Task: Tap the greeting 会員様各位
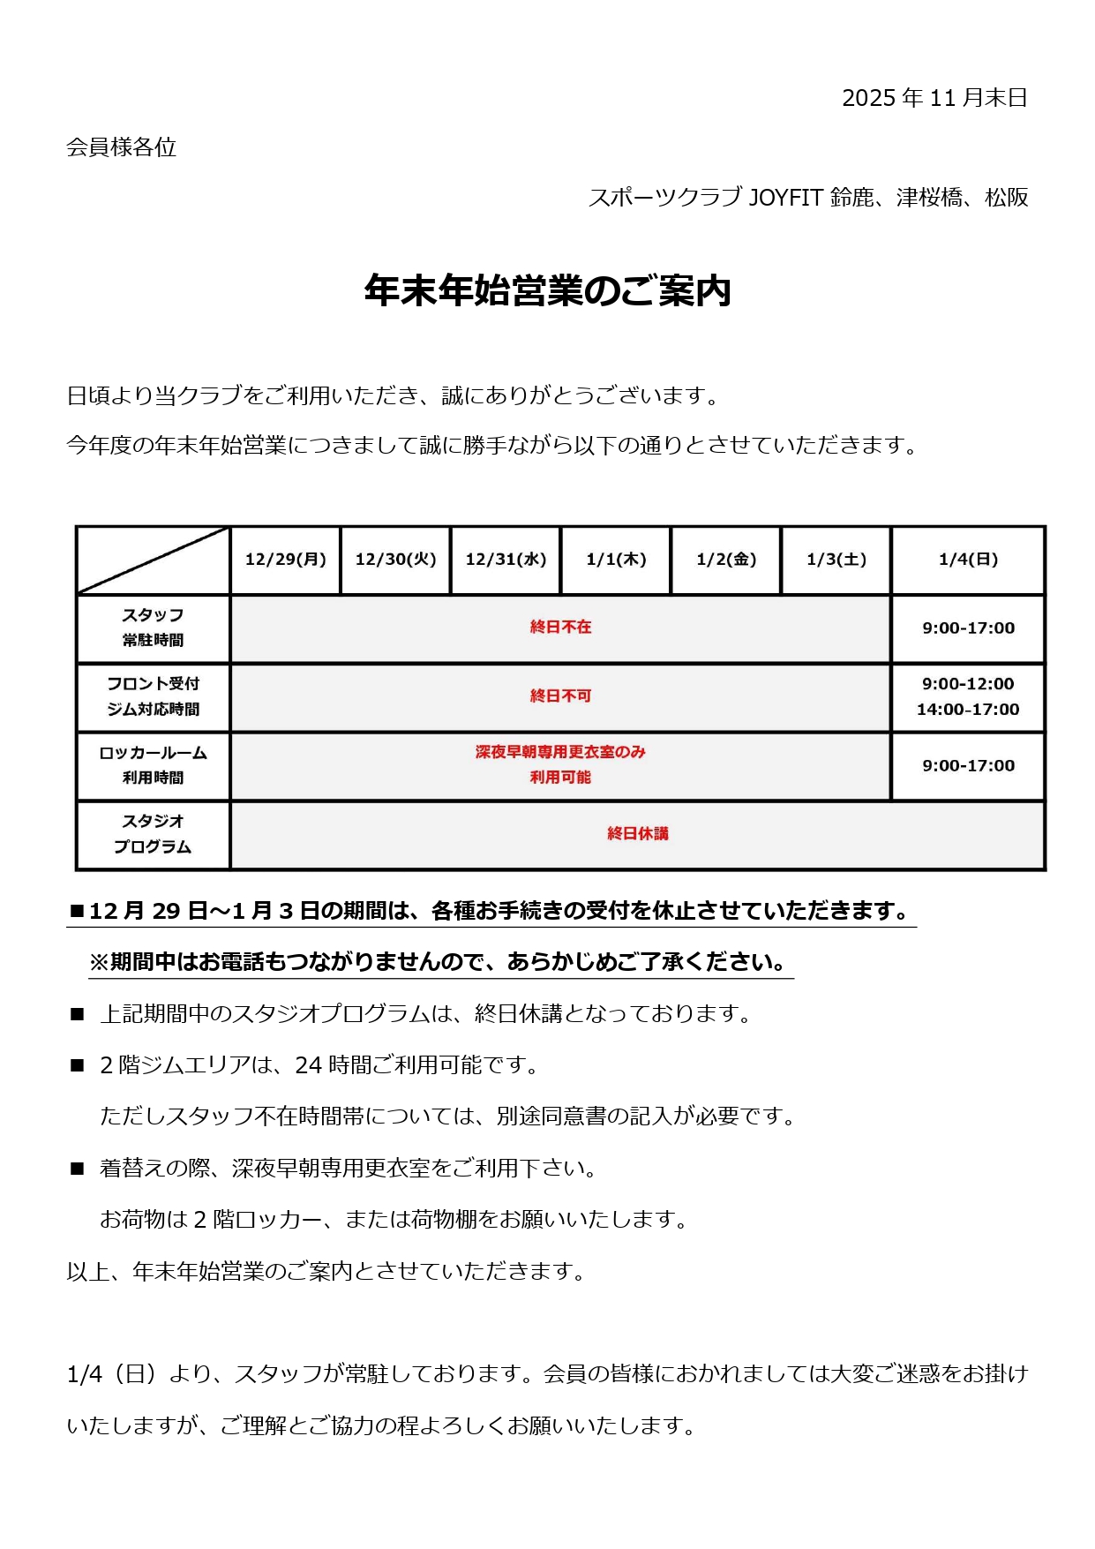pyautogui.click(x=122, y=147)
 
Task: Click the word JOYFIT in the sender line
pyautogui.click(x=785, y=198)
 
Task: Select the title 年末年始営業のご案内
pyautogui.click(x=547, y=291)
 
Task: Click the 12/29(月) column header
pyautogui.click(x=285, y=560)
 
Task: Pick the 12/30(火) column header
pyautogui.click(x=395, y=560)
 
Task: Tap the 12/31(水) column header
pyautogui.click(x=506, y=560)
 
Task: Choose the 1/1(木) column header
pyautogui.click(x=616, y=560)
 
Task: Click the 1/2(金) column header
pyautogui.click(x=726, y=560)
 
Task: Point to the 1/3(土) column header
pyautogui.click(x=836, y=560)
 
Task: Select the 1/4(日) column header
pyautogui.click(x=968, y=560)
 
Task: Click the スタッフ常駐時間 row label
pyautogui.click(x=153, y=628)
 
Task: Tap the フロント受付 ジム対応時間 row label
pyautogui.click(x=153, y=696)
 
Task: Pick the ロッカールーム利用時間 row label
pyautogui.click(x=153, y=765)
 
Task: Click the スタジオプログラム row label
pyautogui.click(x=153, y=834)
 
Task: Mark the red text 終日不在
pyautogui.click(x=560, y=628)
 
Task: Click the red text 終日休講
pyautogui.click(x=637, y=834)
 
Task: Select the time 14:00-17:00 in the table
pyautogui.click(x=968, y=710)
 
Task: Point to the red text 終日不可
pyautogui.click(x=560, y=696)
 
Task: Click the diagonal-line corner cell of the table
pyautogui.click(x=153, y=560)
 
